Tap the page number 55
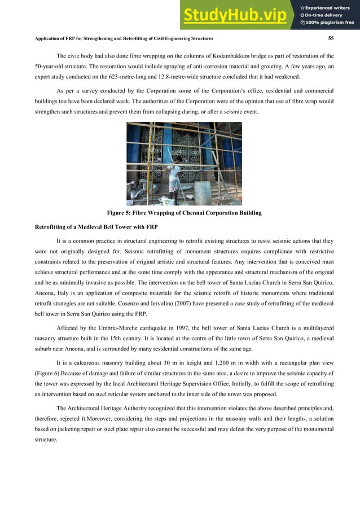click(331, 38)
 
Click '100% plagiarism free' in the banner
click(330, 23)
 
